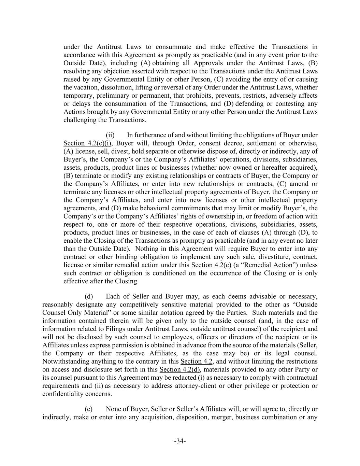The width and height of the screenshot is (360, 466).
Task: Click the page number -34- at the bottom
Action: (180, 441)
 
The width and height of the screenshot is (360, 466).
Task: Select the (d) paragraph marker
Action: (89, 296)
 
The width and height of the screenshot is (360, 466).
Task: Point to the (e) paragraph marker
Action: (89, 409)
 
